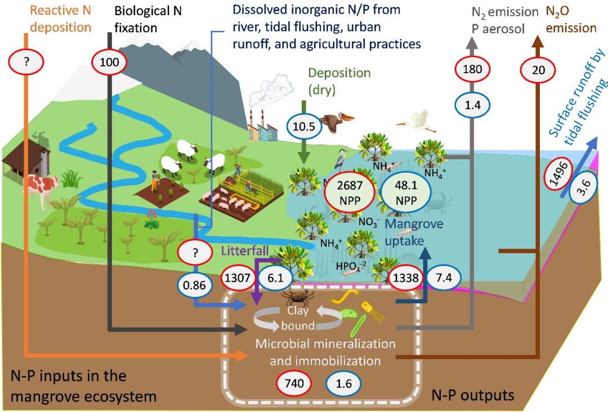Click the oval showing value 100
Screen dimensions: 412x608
[109, 62]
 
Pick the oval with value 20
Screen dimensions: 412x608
[539, 70]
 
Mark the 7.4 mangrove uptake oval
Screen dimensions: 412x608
[444, 277]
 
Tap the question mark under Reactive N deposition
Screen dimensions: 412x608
[26, 62]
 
